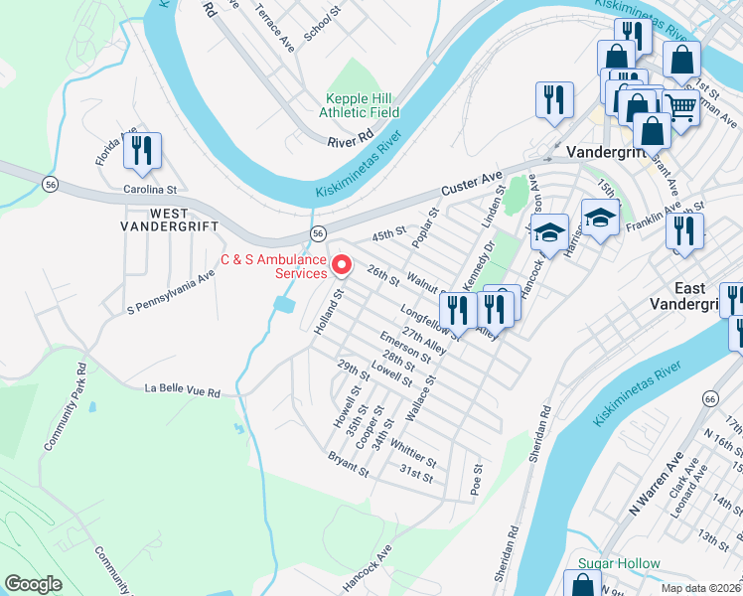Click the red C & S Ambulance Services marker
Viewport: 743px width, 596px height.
coord(342,265)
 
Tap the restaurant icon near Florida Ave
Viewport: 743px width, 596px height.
coord(142,150)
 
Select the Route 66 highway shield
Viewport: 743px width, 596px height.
coord(708,397)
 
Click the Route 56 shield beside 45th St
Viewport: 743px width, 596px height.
coord(317,232)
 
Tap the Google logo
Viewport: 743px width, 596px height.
coord(34,583)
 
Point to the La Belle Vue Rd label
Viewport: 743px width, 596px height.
coord(183,390)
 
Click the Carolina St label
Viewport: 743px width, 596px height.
coord(149,189)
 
